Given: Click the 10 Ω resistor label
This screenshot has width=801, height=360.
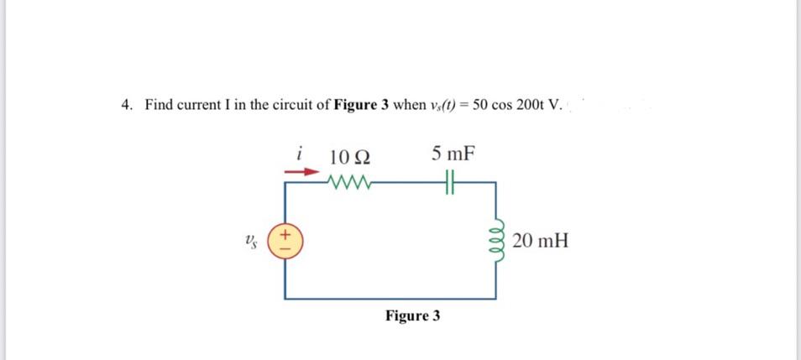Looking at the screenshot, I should [x=351, y=156].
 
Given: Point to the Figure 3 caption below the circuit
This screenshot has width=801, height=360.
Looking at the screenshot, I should [x=412, y=316].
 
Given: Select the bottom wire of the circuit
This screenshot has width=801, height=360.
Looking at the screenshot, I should [x=390, y=299].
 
